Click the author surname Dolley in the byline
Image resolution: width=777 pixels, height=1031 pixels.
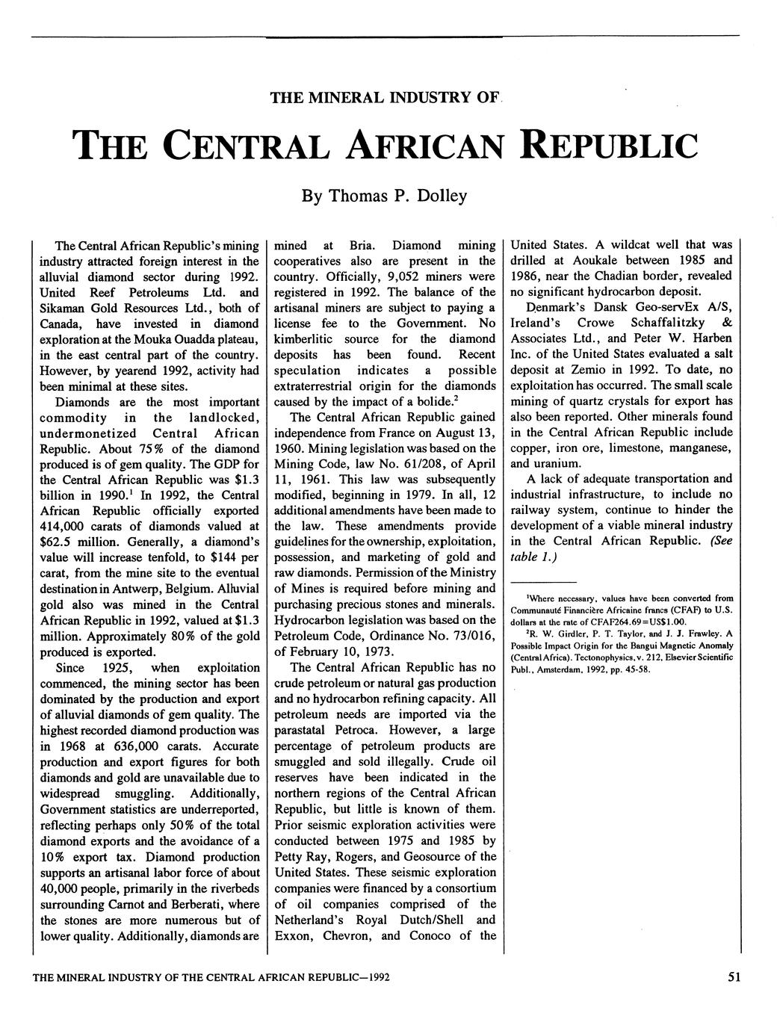(442, 196)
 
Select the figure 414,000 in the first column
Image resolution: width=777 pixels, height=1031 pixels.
(64, 526)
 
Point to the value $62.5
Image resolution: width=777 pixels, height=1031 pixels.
(56, 542)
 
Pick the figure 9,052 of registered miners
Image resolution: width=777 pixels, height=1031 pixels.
(386, 276)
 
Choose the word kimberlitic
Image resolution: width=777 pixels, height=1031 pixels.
(306, 338)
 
